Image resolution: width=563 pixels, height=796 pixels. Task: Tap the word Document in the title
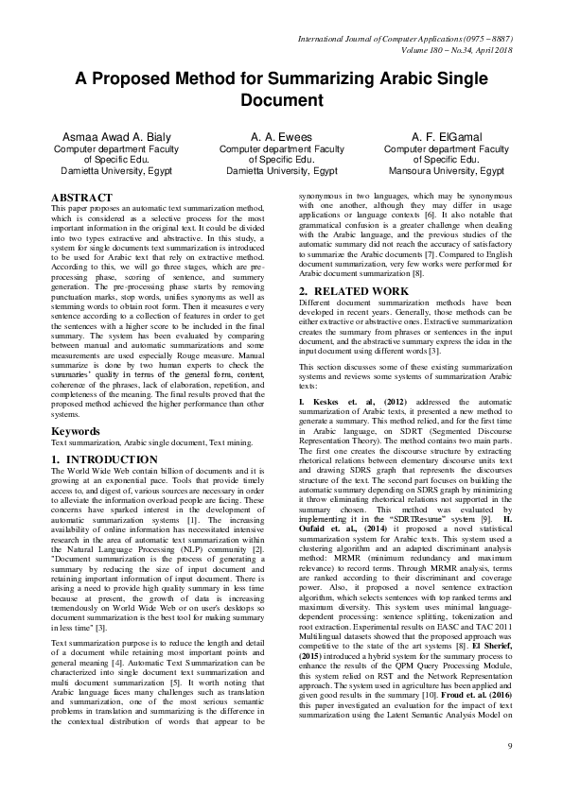click(x=281, y=99)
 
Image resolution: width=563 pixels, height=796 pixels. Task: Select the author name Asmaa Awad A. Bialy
click(x=108, y=137)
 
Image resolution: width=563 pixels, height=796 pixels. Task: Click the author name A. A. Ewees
click(x=281, y=137)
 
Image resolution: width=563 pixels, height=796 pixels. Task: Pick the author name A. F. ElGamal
click(x=452, y=137)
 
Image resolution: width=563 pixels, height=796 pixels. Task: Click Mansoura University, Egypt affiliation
click(x=452, y=172)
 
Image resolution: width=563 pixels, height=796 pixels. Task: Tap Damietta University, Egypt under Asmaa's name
click(x=108, y=172)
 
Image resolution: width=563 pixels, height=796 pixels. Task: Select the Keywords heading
click(x=76, y=431)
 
